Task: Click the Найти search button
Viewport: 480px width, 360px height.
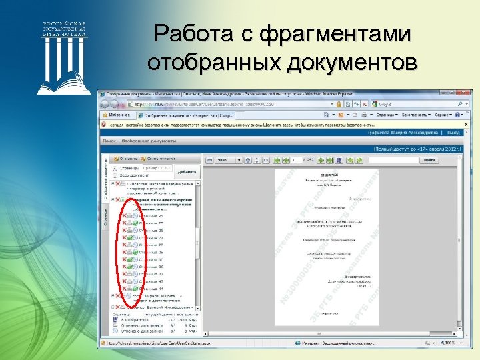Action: pos(429,160)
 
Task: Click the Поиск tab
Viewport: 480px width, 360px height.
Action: pos(108,141)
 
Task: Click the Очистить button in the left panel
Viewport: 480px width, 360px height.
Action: pos(127,159)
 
